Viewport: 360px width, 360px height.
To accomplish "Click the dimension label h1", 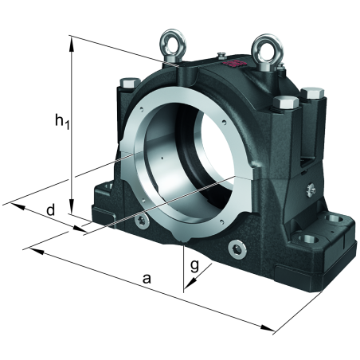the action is (x=62, y=121).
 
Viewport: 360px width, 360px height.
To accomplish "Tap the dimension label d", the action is (x=50, y=210).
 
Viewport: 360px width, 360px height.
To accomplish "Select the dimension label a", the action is (x=147, y=279).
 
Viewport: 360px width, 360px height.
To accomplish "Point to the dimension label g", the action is (x=194, y=266).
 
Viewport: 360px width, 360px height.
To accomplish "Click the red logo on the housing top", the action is (x=235, y=63).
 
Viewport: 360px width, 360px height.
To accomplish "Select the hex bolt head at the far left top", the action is (x=130, y=83).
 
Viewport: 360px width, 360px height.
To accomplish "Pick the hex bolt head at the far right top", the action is (x=312, y=93).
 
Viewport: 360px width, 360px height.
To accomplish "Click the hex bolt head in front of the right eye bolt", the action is (x=286, y=102).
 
